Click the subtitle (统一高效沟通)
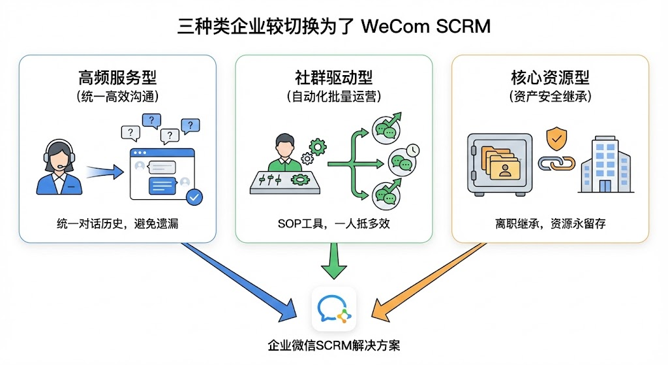click(117, 97)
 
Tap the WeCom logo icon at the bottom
click(334, 309)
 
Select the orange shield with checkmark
click(556, 138)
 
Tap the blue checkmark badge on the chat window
click(194, 196)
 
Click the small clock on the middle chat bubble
click(412, 150)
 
